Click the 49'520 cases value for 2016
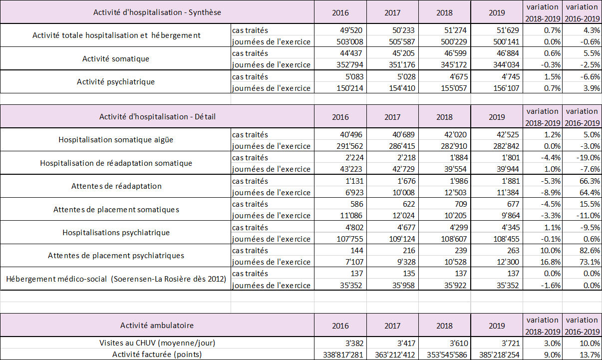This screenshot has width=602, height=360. click(x=351, y=30)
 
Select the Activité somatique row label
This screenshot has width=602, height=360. click(x=116, y=58)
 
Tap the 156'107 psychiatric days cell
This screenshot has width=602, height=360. click(x=506, y=88)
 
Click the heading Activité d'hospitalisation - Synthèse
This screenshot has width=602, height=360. click(x=157, y=12)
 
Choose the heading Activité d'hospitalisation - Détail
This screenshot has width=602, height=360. click(x=157, y=117)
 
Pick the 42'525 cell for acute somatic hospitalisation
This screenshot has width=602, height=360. click(x=508, y=134)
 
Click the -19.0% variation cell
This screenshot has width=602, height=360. click(x=588, y=158)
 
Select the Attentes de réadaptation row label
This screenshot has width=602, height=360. click(x=116, y=186)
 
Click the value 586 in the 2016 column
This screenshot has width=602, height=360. click(x=357, y=204)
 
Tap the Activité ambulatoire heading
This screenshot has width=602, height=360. click(x=157, y=326)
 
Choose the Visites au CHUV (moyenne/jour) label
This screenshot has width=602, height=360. click(x=157, y=343)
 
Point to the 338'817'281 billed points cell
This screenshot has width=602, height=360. click(x=343, y=355)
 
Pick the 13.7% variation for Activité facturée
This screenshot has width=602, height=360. click(x=590, y=355)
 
